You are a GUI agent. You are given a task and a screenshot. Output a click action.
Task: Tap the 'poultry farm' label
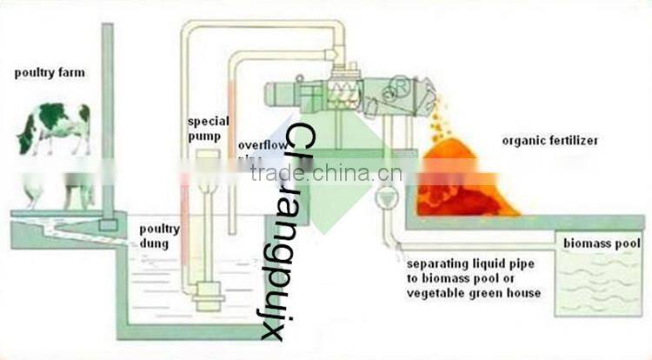pos(50,72)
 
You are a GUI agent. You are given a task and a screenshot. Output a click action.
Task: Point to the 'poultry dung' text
pos(160,237)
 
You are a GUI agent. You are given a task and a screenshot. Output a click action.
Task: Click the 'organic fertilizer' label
pos(549,139)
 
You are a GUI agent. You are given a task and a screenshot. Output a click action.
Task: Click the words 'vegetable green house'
pos(474,293)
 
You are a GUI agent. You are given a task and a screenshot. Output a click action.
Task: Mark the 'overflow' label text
pos(257,144)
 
